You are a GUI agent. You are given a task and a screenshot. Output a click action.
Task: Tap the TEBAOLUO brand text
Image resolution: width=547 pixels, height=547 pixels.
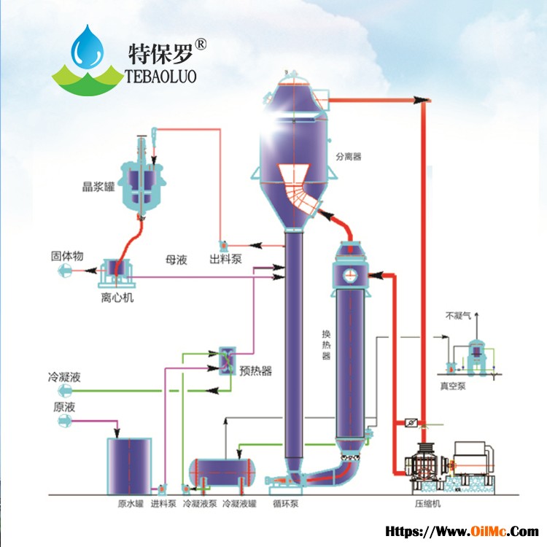click(161, 77)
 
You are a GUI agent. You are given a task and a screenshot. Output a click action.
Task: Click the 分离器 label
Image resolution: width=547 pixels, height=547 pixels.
click(349, 157)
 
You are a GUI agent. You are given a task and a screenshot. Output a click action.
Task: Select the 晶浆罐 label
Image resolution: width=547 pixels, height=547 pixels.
click(98, 187)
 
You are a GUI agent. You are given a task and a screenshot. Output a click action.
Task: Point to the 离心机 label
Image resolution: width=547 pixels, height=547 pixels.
click(117, 298)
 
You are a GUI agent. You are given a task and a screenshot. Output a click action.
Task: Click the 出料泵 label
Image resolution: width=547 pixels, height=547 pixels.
click(225, 259)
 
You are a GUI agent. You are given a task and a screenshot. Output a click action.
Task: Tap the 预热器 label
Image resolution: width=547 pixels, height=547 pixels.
click(256, 371)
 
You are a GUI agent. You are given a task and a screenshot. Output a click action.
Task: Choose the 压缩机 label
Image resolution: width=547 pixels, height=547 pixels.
click(427, 504)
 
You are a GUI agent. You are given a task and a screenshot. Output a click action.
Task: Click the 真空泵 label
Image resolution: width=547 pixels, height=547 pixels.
click(453, 386)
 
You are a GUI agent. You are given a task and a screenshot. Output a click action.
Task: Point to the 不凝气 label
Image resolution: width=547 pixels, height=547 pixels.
click(458, 316)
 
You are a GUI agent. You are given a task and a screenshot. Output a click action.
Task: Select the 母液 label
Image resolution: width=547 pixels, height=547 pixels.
click(176, 260)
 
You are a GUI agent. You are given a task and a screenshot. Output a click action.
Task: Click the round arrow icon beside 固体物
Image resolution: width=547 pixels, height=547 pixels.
click(65, 271)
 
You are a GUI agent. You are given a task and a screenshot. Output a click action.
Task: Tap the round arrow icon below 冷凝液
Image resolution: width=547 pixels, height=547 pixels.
click(65, 391)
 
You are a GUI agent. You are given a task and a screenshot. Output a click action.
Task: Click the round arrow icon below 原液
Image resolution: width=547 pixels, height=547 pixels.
click(65, 422)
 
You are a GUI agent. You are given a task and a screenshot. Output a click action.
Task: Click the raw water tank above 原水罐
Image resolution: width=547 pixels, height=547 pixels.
click(129, 466)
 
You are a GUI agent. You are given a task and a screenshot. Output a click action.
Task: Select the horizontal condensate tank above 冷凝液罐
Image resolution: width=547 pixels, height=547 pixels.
click(222, 473)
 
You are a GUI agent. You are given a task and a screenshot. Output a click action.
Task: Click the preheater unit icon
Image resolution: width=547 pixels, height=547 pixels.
click(227, 361)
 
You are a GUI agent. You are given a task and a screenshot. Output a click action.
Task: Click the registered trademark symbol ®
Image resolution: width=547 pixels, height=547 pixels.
click(201, 44)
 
